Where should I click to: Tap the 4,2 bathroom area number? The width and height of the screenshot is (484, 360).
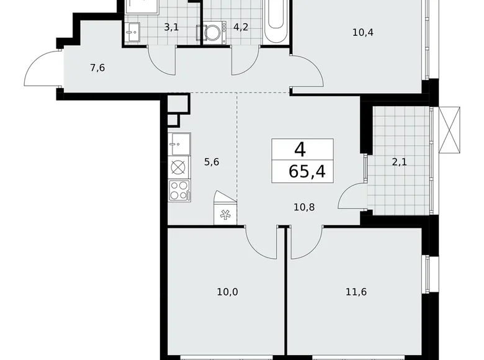click(240, 27)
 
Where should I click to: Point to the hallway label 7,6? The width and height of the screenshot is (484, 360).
click(97, 68)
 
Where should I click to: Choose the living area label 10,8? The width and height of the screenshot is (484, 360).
click(304, 207)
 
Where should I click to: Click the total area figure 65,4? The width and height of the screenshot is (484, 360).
click(302, 171)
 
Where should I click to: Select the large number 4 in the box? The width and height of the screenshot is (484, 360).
click(301, 149)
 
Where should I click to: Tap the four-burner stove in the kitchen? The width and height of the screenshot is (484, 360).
click(179, 190)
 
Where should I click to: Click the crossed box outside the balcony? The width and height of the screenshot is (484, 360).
click(450, 129)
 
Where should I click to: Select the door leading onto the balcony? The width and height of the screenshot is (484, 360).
click(352, 197)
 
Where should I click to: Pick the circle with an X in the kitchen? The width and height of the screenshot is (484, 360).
click(178, 167)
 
